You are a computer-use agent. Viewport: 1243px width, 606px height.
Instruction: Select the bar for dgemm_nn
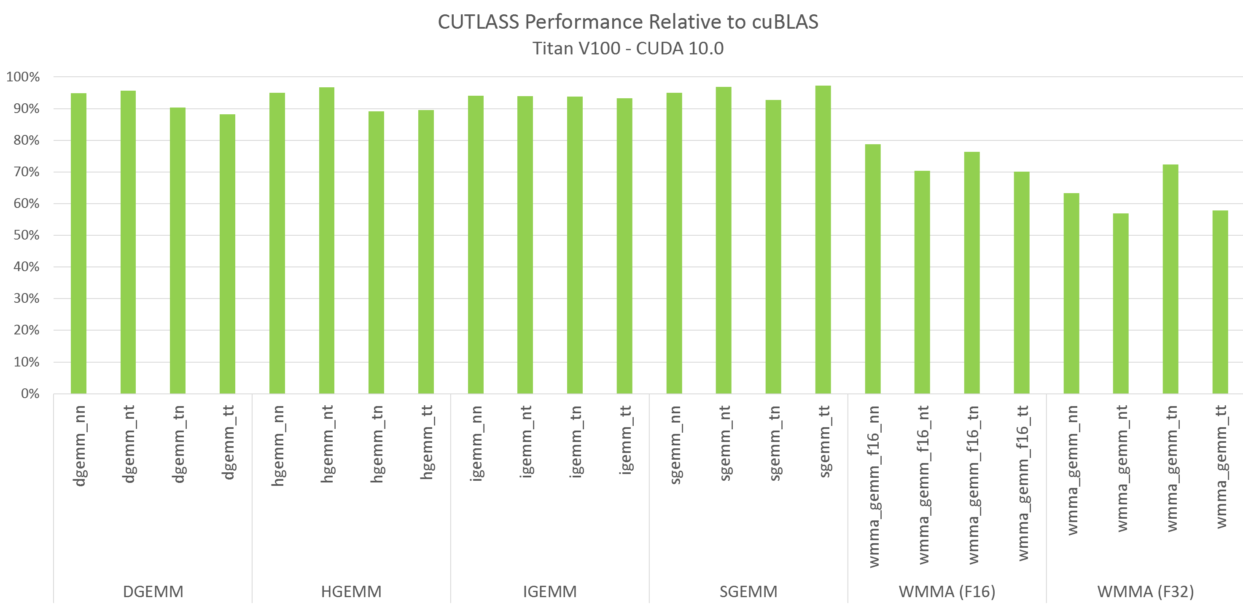(x=79, y=244)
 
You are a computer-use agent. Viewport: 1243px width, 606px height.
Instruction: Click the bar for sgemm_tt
(x=823, y=240)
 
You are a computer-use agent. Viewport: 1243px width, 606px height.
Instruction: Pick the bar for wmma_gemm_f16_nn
(x=872, y=269)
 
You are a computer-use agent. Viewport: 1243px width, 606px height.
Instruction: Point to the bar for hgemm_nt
(x=327, y=241)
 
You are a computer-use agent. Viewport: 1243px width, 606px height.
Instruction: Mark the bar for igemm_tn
(x=575, y=245)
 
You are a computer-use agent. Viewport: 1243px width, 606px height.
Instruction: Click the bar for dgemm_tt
(x=227, y=254)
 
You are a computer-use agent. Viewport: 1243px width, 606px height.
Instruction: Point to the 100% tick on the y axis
(x=23, y=77)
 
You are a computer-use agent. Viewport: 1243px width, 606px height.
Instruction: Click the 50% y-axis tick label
(x=27, y=235)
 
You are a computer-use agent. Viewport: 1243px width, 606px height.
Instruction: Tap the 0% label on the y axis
(x=30, y=394)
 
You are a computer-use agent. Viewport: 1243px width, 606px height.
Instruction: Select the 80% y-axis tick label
(x=27, y=140)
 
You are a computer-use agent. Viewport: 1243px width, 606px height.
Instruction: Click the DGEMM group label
(x=153, y=592)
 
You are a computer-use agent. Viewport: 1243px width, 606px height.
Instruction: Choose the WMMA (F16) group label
(x=947, y=592)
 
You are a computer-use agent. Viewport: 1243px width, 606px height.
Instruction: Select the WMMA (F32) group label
(x=1146, y=592)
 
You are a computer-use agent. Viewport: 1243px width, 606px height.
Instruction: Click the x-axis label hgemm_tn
(x=377, y=444)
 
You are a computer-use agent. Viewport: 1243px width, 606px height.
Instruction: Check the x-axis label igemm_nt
(x=525, y=442)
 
